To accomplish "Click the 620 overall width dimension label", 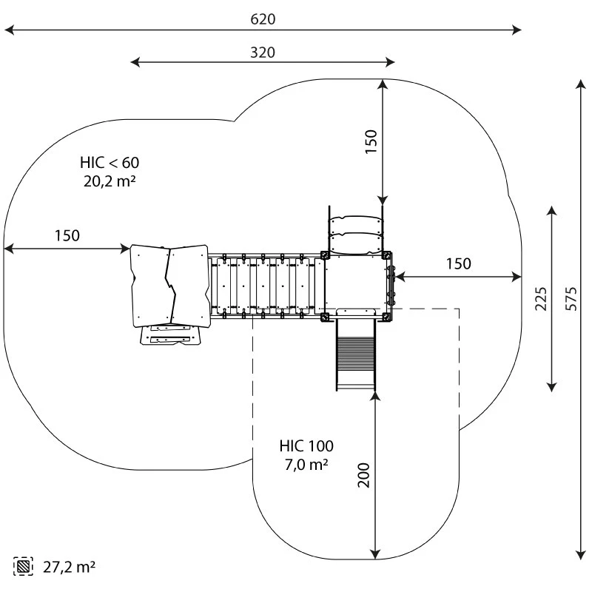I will click(x=263, y=19).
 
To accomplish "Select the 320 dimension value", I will click(x=263, y=53).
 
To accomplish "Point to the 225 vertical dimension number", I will click(x=541, y=297).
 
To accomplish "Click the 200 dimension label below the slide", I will click(x=364, y=474).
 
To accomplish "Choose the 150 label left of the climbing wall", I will click(x=67, y=236).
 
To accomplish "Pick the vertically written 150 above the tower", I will click(x=371, y=141).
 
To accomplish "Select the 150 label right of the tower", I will click(x=458, y=263).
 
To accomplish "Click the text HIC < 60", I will click(x=110, y=162).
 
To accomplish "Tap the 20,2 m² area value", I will click(x=110, y=180).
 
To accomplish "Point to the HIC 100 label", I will click(x=306, y=446).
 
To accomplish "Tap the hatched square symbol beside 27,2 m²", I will click(x=24, y=567).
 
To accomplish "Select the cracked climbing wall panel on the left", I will click(x=169, y=285).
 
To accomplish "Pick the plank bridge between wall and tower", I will click(x=265, y=286).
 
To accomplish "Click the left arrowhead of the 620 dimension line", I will click(x=9, y=30).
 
